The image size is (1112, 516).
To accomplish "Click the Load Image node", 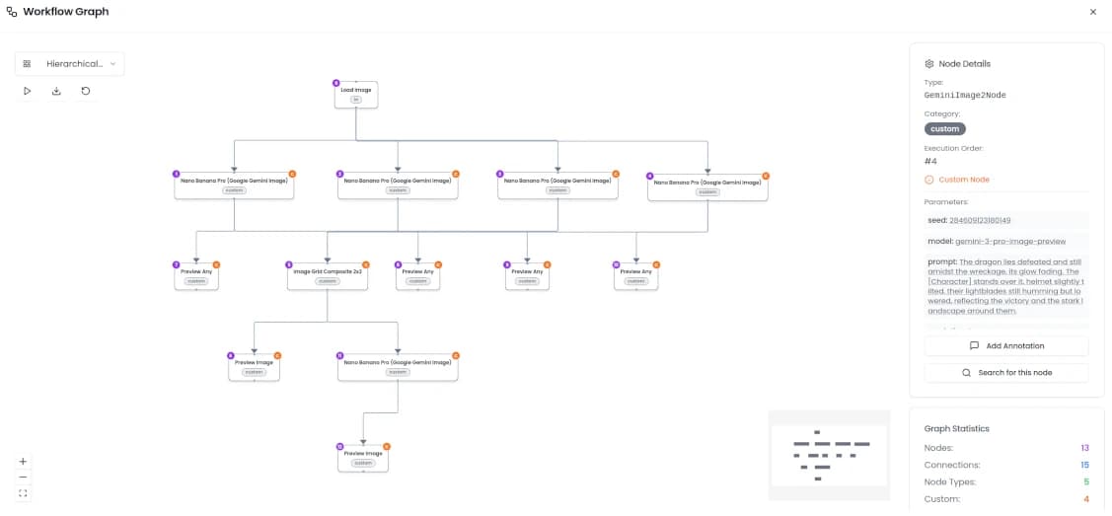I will [x=355, y=94].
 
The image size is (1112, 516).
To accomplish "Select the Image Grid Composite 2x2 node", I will [x=328, y=275].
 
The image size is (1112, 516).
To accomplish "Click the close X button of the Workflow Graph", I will [x=1092, y=12].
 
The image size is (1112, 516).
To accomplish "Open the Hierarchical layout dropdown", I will [x=69, y=64].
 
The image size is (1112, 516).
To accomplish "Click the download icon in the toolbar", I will [x=56, y=91].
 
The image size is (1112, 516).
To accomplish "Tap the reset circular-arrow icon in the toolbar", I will [x=86, y=91].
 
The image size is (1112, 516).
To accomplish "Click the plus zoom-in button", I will [x=23, y=461].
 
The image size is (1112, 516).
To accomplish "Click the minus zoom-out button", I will [x=23, y=477].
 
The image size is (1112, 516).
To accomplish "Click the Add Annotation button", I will [x=1006, y=346].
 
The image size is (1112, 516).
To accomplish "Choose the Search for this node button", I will [x=1006, y=373].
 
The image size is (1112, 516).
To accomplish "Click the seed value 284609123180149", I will [x=979, y=220].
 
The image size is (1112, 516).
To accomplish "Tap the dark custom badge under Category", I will [x=944, y=128].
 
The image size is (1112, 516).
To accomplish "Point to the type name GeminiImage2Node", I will [x=965, y=96].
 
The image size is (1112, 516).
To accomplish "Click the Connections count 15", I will [x=1083, y=465].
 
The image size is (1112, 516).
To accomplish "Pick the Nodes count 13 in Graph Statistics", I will [x=1083, y=448].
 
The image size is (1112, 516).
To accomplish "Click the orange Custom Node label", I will [x=963, y=180].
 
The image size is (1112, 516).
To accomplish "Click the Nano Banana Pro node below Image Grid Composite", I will [x=398, y=366].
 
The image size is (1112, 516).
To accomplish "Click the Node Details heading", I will [x=964, y=63].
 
